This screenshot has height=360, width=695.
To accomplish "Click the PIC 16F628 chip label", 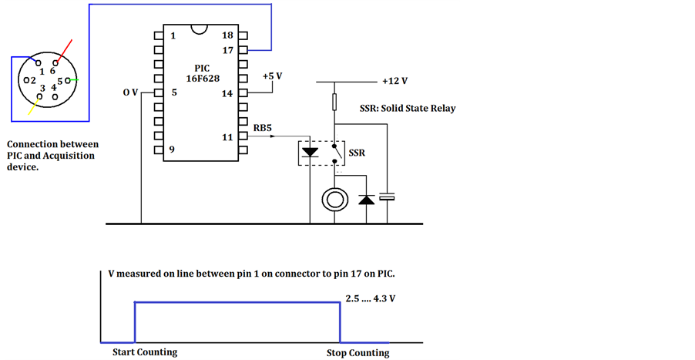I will [201, 73].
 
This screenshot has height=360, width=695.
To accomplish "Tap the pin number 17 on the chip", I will [227, 50].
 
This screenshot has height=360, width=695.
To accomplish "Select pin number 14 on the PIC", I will [227, 94].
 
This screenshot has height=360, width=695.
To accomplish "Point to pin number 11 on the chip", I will [227, 137].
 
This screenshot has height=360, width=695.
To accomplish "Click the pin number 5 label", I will [174, 93].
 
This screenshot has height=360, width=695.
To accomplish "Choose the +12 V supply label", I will [394, 81].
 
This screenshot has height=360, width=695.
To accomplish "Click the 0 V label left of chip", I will [130, 93].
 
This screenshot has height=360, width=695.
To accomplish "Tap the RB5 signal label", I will [263, 128].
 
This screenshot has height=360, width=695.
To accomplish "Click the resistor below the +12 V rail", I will [334, 102].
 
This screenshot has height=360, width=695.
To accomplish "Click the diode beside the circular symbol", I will [366, 200].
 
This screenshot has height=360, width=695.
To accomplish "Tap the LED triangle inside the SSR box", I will [311, 153].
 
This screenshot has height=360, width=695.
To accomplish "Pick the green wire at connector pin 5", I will [73, 80].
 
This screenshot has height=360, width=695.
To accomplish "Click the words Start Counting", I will [140, 352].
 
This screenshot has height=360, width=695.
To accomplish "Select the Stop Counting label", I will [358, 353].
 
